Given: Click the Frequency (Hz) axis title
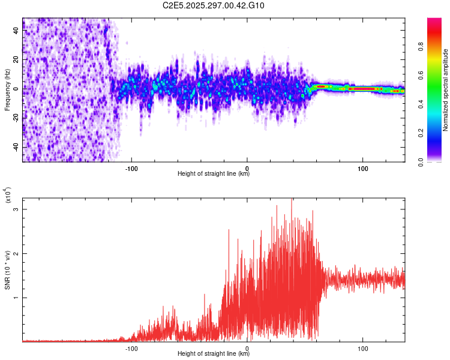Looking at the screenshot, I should coord(7,90).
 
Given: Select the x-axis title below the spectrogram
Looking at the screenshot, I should coord(214,174).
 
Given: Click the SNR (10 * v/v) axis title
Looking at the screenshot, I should coord(8,270).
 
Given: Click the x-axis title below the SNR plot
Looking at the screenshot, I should coord(214,354).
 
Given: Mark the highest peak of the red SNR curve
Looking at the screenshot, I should coord(292,200).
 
